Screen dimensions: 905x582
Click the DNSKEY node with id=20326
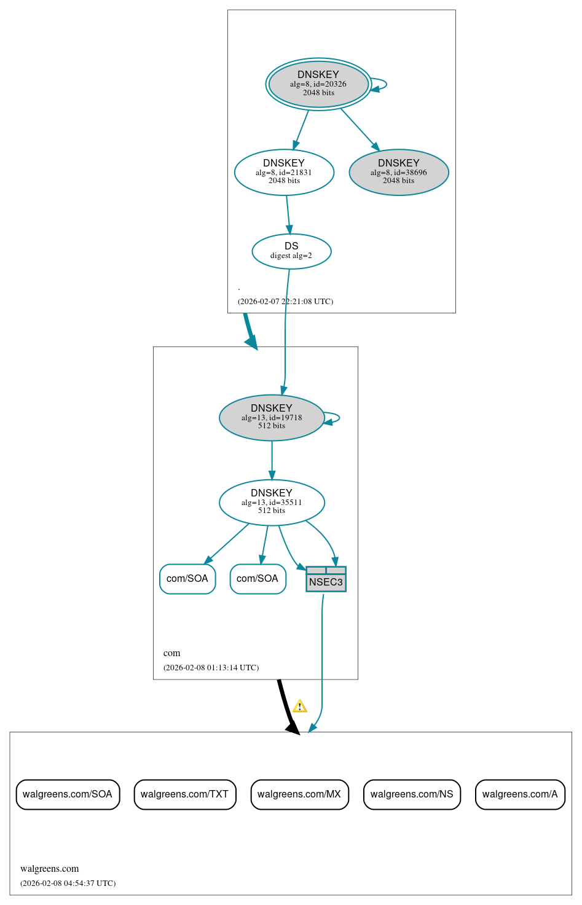(318, 84)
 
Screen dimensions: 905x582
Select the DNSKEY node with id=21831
(284, 172)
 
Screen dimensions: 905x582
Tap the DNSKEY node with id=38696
(399, 172)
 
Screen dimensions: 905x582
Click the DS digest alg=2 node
(291, 251)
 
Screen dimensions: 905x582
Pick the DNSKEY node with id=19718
(272, 418)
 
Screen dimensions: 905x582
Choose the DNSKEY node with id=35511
(272, 503)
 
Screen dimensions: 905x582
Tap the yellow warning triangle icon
(299, 707)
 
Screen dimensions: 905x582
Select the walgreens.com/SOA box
(68, 794)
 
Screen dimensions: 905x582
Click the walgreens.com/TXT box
(184, 794)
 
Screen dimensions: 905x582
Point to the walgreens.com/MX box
(299, 794)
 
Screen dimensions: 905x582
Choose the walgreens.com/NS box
(412, 794)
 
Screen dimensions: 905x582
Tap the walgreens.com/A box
(520, 794)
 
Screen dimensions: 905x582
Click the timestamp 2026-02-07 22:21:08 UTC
(285, 302)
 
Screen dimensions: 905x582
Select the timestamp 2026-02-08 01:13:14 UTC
(211, 668)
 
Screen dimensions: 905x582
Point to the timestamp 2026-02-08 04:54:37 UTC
(68, 883)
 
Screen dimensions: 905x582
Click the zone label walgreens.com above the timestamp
(49, 869)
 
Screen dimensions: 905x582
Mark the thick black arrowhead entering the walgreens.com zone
(293, 727)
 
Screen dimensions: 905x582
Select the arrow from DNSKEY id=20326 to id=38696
(360, 128)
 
